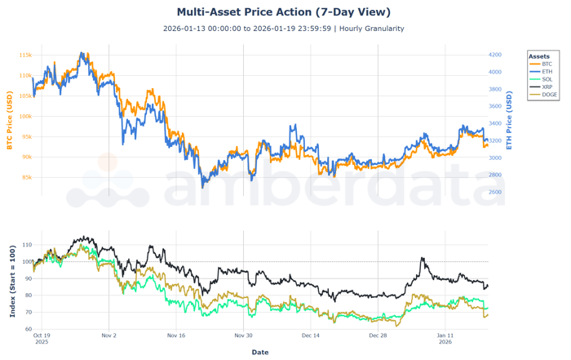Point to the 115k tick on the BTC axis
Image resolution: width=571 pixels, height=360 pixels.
25,56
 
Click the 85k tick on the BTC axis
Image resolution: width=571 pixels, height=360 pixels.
25,177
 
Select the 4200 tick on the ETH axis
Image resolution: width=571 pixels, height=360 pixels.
495,55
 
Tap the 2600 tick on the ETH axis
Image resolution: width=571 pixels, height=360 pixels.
495,193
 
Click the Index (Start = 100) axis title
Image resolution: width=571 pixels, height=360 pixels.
11,279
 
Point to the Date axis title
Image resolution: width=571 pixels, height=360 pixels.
259,352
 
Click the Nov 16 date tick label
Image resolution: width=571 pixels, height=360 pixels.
175,336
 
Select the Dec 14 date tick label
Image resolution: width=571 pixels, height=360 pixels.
310,336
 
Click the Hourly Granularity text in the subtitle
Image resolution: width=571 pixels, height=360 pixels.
370,29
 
